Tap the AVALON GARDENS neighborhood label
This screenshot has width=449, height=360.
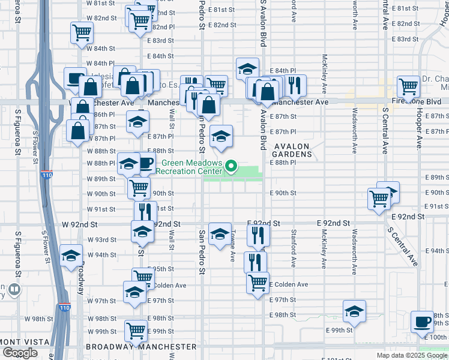tap(293, 150)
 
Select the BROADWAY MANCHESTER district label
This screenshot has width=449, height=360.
tap(133, 347)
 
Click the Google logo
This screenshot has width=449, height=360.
tap(20, 353)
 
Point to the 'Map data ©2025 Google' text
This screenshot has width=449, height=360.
tap(411, 355)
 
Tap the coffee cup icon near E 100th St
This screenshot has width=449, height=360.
tap(422, 322)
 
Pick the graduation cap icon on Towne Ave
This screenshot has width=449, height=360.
tap(220, 233)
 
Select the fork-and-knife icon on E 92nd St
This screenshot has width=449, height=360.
tap(259, 233)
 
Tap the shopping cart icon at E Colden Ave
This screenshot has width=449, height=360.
tap(258, 281)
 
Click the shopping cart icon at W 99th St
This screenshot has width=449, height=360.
tap(136, 329)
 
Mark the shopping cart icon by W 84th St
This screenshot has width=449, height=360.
tap(82, 32)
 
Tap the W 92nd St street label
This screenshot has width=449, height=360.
tap(80, 224)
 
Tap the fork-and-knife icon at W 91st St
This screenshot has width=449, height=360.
tap(145, 211)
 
